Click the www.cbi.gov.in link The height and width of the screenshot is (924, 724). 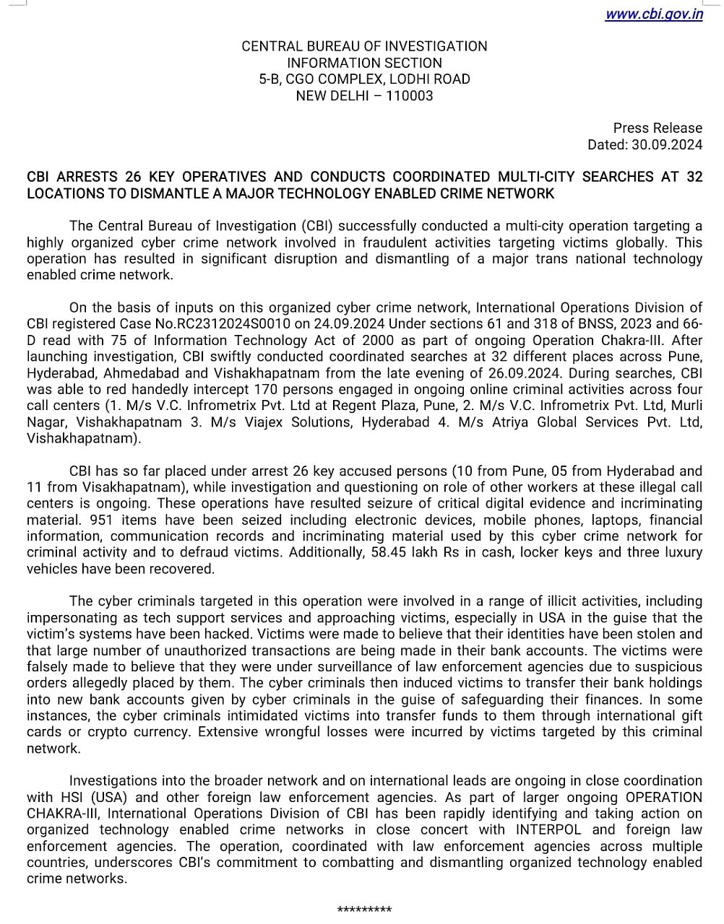tap(653, 14)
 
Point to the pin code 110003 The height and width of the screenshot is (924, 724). tap(410, 95)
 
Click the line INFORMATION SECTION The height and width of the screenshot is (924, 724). tap(364, 63)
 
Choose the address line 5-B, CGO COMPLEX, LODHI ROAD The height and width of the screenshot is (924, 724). tap(364, 79)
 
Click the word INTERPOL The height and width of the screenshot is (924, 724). tap(548, 829)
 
